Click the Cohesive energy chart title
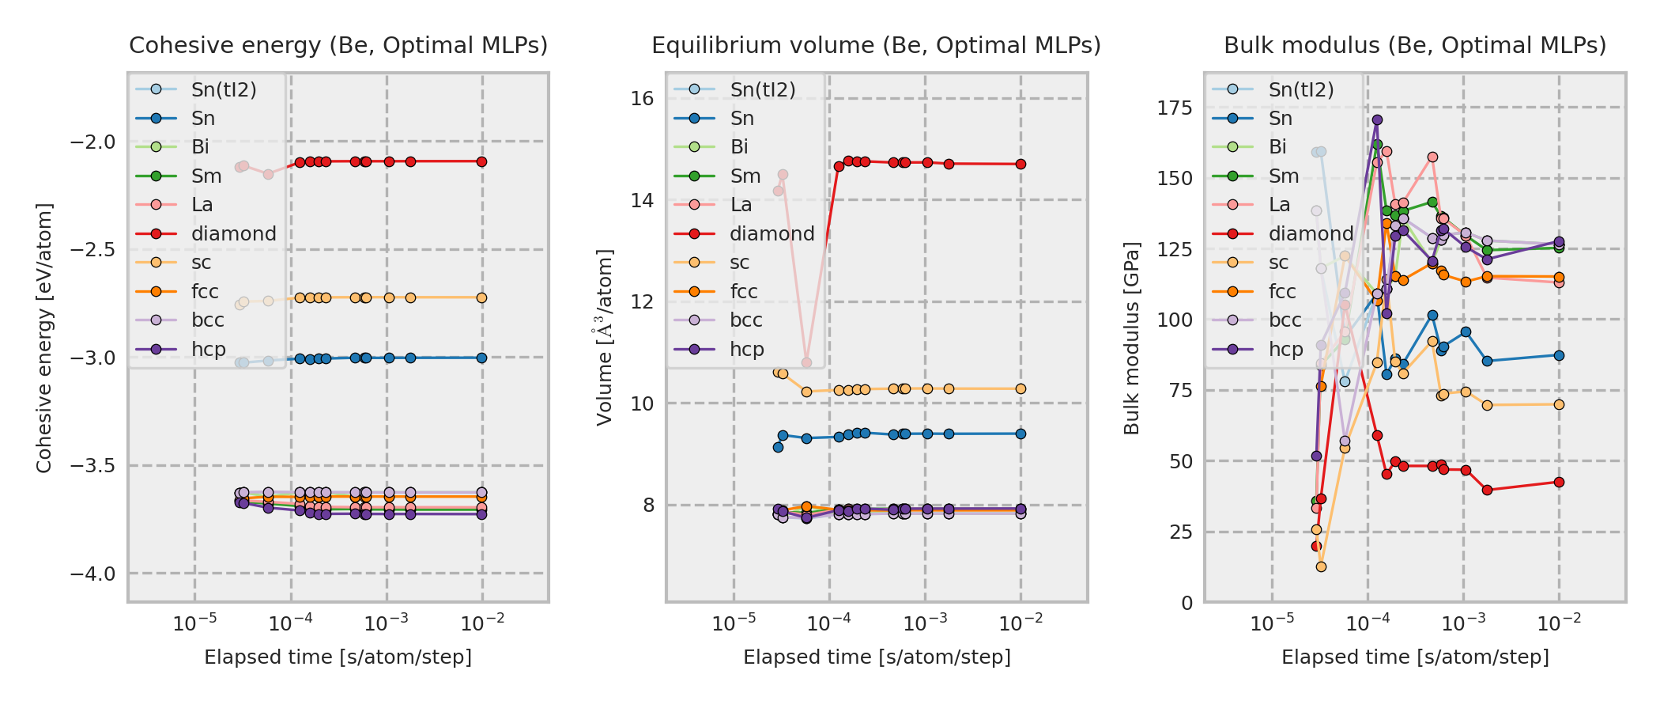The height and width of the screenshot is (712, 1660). point(338,46)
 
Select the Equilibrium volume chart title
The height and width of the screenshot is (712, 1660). point(876,46)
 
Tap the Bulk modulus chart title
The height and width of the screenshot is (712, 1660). point(1415,46)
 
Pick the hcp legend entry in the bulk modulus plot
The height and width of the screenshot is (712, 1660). point(1285,350)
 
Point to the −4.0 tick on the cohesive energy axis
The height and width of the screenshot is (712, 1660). point(92,574)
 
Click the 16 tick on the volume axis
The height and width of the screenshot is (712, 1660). point(642,99)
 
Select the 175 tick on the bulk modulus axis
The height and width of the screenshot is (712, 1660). point(1175,108)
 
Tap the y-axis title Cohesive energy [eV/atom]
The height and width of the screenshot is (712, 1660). point(44,339)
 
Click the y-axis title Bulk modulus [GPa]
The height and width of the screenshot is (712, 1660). point(1132,339)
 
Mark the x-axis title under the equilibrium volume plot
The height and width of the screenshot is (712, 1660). point(877,657)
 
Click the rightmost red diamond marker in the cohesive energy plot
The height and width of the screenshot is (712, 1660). point(481,161)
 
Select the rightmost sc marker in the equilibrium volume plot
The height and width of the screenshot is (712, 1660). point(1021,388)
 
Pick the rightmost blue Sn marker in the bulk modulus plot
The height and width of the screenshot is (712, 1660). point(1559,355)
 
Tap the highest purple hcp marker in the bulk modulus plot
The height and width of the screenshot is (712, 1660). point(1377,120)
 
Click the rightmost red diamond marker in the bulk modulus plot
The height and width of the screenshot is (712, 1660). point(1559,482)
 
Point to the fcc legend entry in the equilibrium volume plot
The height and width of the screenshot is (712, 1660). point(743,292)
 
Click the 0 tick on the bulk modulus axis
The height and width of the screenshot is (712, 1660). point(1187,604)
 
